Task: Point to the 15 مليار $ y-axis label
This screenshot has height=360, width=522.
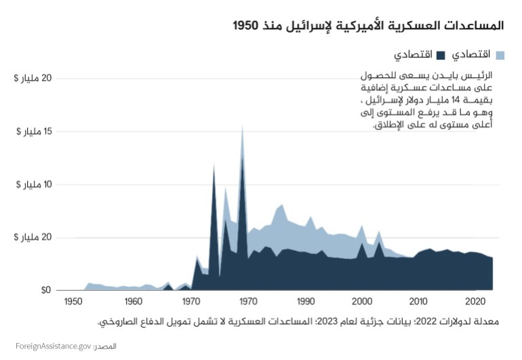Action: (31, 131)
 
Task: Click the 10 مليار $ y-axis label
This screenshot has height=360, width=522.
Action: (31, 184)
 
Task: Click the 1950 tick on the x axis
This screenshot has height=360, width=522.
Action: (75, 301)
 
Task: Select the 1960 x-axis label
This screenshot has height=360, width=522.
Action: (133, 301)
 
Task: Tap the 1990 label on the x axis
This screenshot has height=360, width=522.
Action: (306, 301)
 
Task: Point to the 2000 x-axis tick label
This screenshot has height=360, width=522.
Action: (363, 301)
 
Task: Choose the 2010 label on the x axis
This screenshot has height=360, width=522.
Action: (420, 301)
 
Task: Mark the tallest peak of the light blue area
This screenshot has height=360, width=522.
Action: (242, 126)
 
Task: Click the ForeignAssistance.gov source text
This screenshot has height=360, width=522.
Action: (53, 346)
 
